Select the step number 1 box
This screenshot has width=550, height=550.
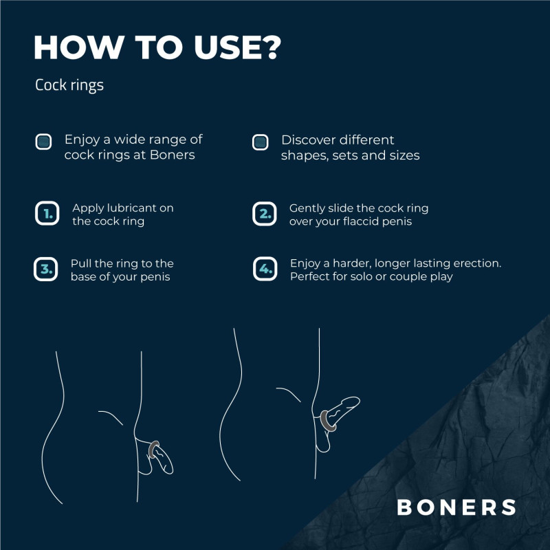47,213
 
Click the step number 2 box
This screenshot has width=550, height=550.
265,213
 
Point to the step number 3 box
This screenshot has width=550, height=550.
45,269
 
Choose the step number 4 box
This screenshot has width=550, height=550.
265,269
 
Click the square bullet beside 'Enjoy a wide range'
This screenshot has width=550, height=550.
43,142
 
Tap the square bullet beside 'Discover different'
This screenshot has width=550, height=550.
260,142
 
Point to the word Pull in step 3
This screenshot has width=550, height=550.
81,263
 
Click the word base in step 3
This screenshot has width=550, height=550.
83,276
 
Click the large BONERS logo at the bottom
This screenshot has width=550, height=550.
456,507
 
